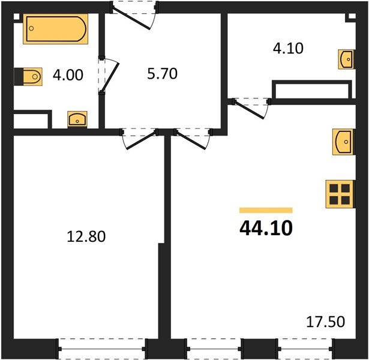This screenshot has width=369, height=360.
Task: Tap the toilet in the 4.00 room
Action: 28,76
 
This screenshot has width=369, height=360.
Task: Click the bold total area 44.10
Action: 265,229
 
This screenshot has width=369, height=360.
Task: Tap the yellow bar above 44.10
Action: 265,210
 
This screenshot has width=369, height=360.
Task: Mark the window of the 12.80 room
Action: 102,349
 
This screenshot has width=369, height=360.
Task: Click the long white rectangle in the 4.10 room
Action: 310,91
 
